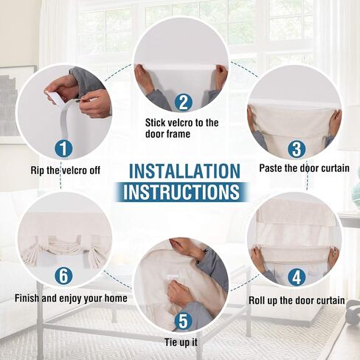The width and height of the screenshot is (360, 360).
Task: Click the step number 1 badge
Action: tap(63, 148)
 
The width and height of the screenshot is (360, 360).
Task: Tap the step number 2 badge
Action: tap(183, 103)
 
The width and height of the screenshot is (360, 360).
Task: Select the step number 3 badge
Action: tap(297, 148)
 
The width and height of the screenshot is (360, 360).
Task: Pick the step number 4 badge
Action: tap(297, 277)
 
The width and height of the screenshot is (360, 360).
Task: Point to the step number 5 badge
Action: tap(183, 321)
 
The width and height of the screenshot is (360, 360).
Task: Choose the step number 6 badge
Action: tap(63, 275)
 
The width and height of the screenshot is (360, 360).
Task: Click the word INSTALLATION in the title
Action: tap(184, 171)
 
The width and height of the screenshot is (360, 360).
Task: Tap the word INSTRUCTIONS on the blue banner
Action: tap(181, 192)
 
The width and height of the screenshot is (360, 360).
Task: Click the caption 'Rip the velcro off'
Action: tap(66, 170)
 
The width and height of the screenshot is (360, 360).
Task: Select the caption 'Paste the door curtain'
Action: tap(305, 168)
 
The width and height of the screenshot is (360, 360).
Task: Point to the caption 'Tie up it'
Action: tap(181, 342)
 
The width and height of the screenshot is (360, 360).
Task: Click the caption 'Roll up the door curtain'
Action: tap(297, 300)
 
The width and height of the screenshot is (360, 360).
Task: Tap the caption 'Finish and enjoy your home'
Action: tap(71, 298)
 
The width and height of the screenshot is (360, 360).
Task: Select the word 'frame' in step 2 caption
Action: tap(178, 134)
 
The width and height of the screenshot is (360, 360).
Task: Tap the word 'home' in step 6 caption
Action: tap(116, 298)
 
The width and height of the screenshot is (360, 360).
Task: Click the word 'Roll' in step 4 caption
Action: tap(256, 300)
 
